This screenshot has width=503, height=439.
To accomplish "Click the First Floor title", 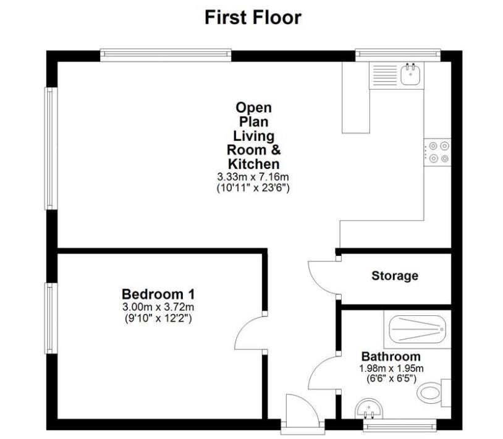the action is click(x=253, y=17).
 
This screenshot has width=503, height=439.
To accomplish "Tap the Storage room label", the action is click(x=395, y=276).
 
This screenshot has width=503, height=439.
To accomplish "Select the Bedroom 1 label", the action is click(x=158, y=294).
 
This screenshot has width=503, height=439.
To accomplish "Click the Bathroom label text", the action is click(x=391, y=356).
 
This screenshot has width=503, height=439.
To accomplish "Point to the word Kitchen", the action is click(x=254, y=164).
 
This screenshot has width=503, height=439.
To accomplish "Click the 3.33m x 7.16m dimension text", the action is click(x=253, y=176).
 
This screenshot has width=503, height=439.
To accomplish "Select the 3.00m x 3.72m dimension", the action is click(x=158, y=307).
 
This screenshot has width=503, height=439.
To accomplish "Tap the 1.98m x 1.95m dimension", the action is click(x=391, y=368).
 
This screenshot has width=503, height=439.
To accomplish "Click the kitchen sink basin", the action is click(x=410, y=75).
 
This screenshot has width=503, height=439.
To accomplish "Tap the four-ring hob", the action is click(x=437, y=152).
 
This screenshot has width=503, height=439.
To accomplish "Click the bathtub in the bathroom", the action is click(x=417, y=329).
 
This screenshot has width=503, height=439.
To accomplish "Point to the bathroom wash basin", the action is click(x=369, y=409).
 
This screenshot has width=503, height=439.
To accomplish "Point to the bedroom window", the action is click(x=51, y=318).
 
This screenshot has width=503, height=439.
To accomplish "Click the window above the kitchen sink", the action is click(x=398, y=55).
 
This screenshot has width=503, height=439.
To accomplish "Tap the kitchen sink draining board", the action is click(x=385, y=75).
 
